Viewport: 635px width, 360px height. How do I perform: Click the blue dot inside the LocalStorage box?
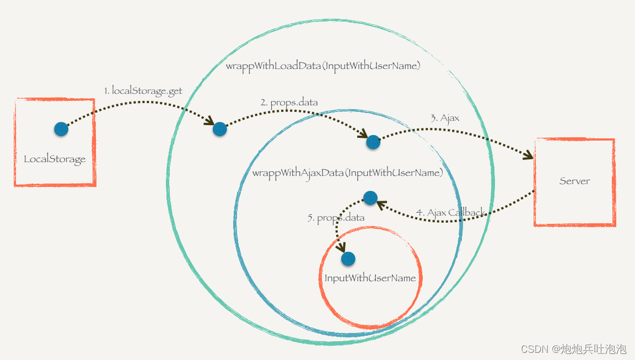61,129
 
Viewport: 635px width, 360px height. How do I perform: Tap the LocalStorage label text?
55,159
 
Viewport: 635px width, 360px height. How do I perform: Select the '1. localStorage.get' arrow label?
143,91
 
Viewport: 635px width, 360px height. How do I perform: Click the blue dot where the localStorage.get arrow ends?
219,129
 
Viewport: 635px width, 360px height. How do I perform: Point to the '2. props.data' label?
289,103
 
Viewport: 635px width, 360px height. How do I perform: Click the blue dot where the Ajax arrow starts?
373,142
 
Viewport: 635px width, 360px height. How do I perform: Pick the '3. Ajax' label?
445,118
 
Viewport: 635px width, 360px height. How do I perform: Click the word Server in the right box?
574,181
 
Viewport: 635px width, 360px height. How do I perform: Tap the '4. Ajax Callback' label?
450,213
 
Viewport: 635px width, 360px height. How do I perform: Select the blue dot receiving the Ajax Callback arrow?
370,197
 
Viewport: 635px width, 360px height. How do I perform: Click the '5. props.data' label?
336,218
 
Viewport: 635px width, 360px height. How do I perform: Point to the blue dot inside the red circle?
348,258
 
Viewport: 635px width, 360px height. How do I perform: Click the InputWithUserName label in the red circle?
370,278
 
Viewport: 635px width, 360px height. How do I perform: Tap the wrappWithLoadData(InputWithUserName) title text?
323,66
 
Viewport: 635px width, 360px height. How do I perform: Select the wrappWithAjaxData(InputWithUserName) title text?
347,173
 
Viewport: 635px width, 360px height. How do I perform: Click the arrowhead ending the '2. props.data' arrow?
363,134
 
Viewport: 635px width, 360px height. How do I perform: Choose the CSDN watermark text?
573,349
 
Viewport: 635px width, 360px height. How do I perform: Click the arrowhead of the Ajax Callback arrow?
380,205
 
